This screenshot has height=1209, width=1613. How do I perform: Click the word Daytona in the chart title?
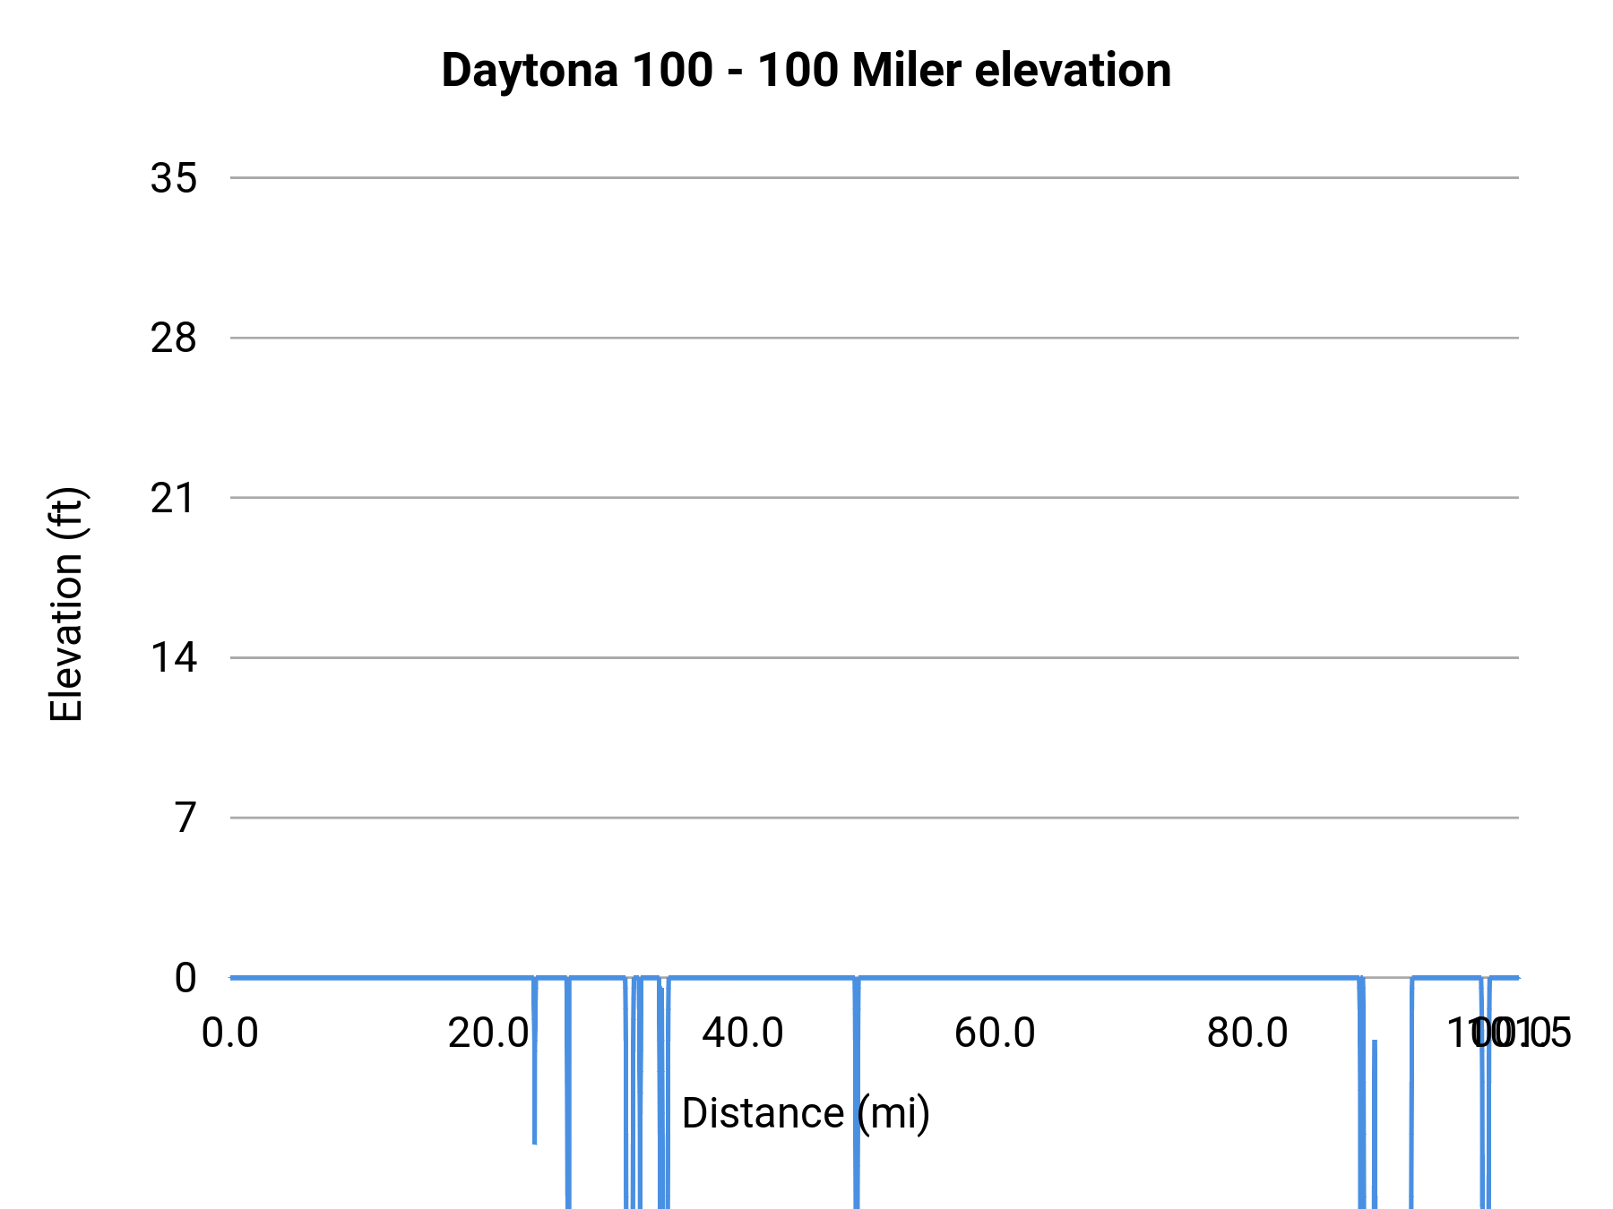529,70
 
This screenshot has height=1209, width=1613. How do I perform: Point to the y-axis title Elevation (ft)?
66,604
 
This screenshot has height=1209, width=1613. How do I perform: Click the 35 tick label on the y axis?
174,178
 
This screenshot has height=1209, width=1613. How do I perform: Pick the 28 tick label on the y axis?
174,339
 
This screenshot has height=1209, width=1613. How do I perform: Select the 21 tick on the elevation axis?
174,498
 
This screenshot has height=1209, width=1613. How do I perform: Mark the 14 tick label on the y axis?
174,658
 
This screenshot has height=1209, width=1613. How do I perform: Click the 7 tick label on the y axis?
185,818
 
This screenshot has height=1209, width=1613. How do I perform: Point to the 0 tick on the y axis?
185,978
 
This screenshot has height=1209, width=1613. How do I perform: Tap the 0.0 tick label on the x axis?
230,1033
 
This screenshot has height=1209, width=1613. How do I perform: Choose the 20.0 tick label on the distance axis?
489,1033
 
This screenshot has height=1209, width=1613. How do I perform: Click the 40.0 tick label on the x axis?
743,1033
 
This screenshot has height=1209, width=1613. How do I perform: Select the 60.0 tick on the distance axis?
995,1033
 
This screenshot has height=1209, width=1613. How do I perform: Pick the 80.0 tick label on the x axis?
1247,1033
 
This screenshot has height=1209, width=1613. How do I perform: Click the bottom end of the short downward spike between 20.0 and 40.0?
535,1142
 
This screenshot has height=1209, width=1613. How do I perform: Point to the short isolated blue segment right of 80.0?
1375,1119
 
